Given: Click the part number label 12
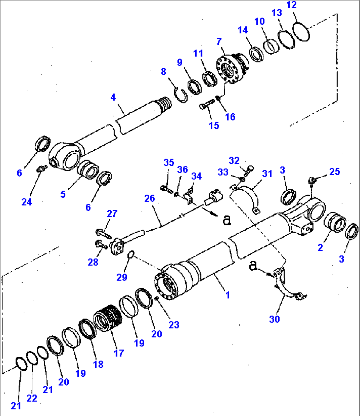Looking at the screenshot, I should [x=292, y=5].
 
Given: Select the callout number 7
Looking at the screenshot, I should [x=219, y=42].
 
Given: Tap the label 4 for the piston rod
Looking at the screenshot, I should [x=113, y=97].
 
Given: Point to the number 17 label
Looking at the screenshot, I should [x=119, y=353].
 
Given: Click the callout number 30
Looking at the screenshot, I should [x=274, y=319].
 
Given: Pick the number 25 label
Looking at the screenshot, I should [x=334, y=171].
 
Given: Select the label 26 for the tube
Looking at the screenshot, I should [x=150, y=198].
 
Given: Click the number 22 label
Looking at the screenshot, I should [x=32, y=398].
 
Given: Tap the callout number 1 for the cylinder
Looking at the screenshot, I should [x=227, y=295].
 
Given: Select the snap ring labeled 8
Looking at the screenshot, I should [x=181, y=95].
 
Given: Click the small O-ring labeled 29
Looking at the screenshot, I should [x=131, y=254].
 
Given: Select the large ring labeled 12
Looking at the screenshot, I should [x=301, y=32].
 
